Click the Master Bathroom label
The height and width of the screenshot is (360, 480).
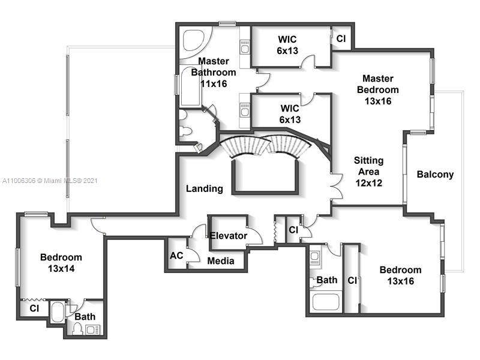point(213,72)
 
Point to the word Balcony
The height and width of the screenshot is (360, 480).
point(435,175)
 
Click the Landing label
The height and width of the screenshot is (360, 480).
point(204,188)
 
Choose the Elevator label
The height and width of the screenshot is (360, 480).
point(228,236)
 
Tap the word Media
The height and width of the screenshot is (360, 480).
point(220,260)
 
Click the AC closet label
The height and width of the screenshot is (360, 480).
point(176,256)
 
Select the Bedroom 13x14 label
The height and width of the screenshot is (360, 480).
point(61,263)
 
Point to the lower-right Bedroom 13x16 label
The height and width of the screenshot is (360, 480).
point(400,275)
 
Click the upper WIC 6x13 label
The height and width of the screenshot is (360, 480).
point(287,45)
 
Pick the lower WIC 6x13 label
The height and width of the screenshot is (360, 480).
point(290,114)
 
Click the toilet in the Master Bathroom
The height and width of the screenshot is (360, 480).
point(185,130)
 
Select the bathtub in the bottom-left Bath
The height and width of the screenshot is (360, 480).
point(58,312)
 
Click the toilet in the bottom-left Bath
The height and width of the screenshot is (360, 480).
point(77,329)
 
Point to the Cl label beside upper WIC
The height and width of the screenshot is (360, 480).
point(341,38)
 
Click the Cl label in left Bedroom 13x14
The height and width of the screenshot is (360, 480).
point(34,309)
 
